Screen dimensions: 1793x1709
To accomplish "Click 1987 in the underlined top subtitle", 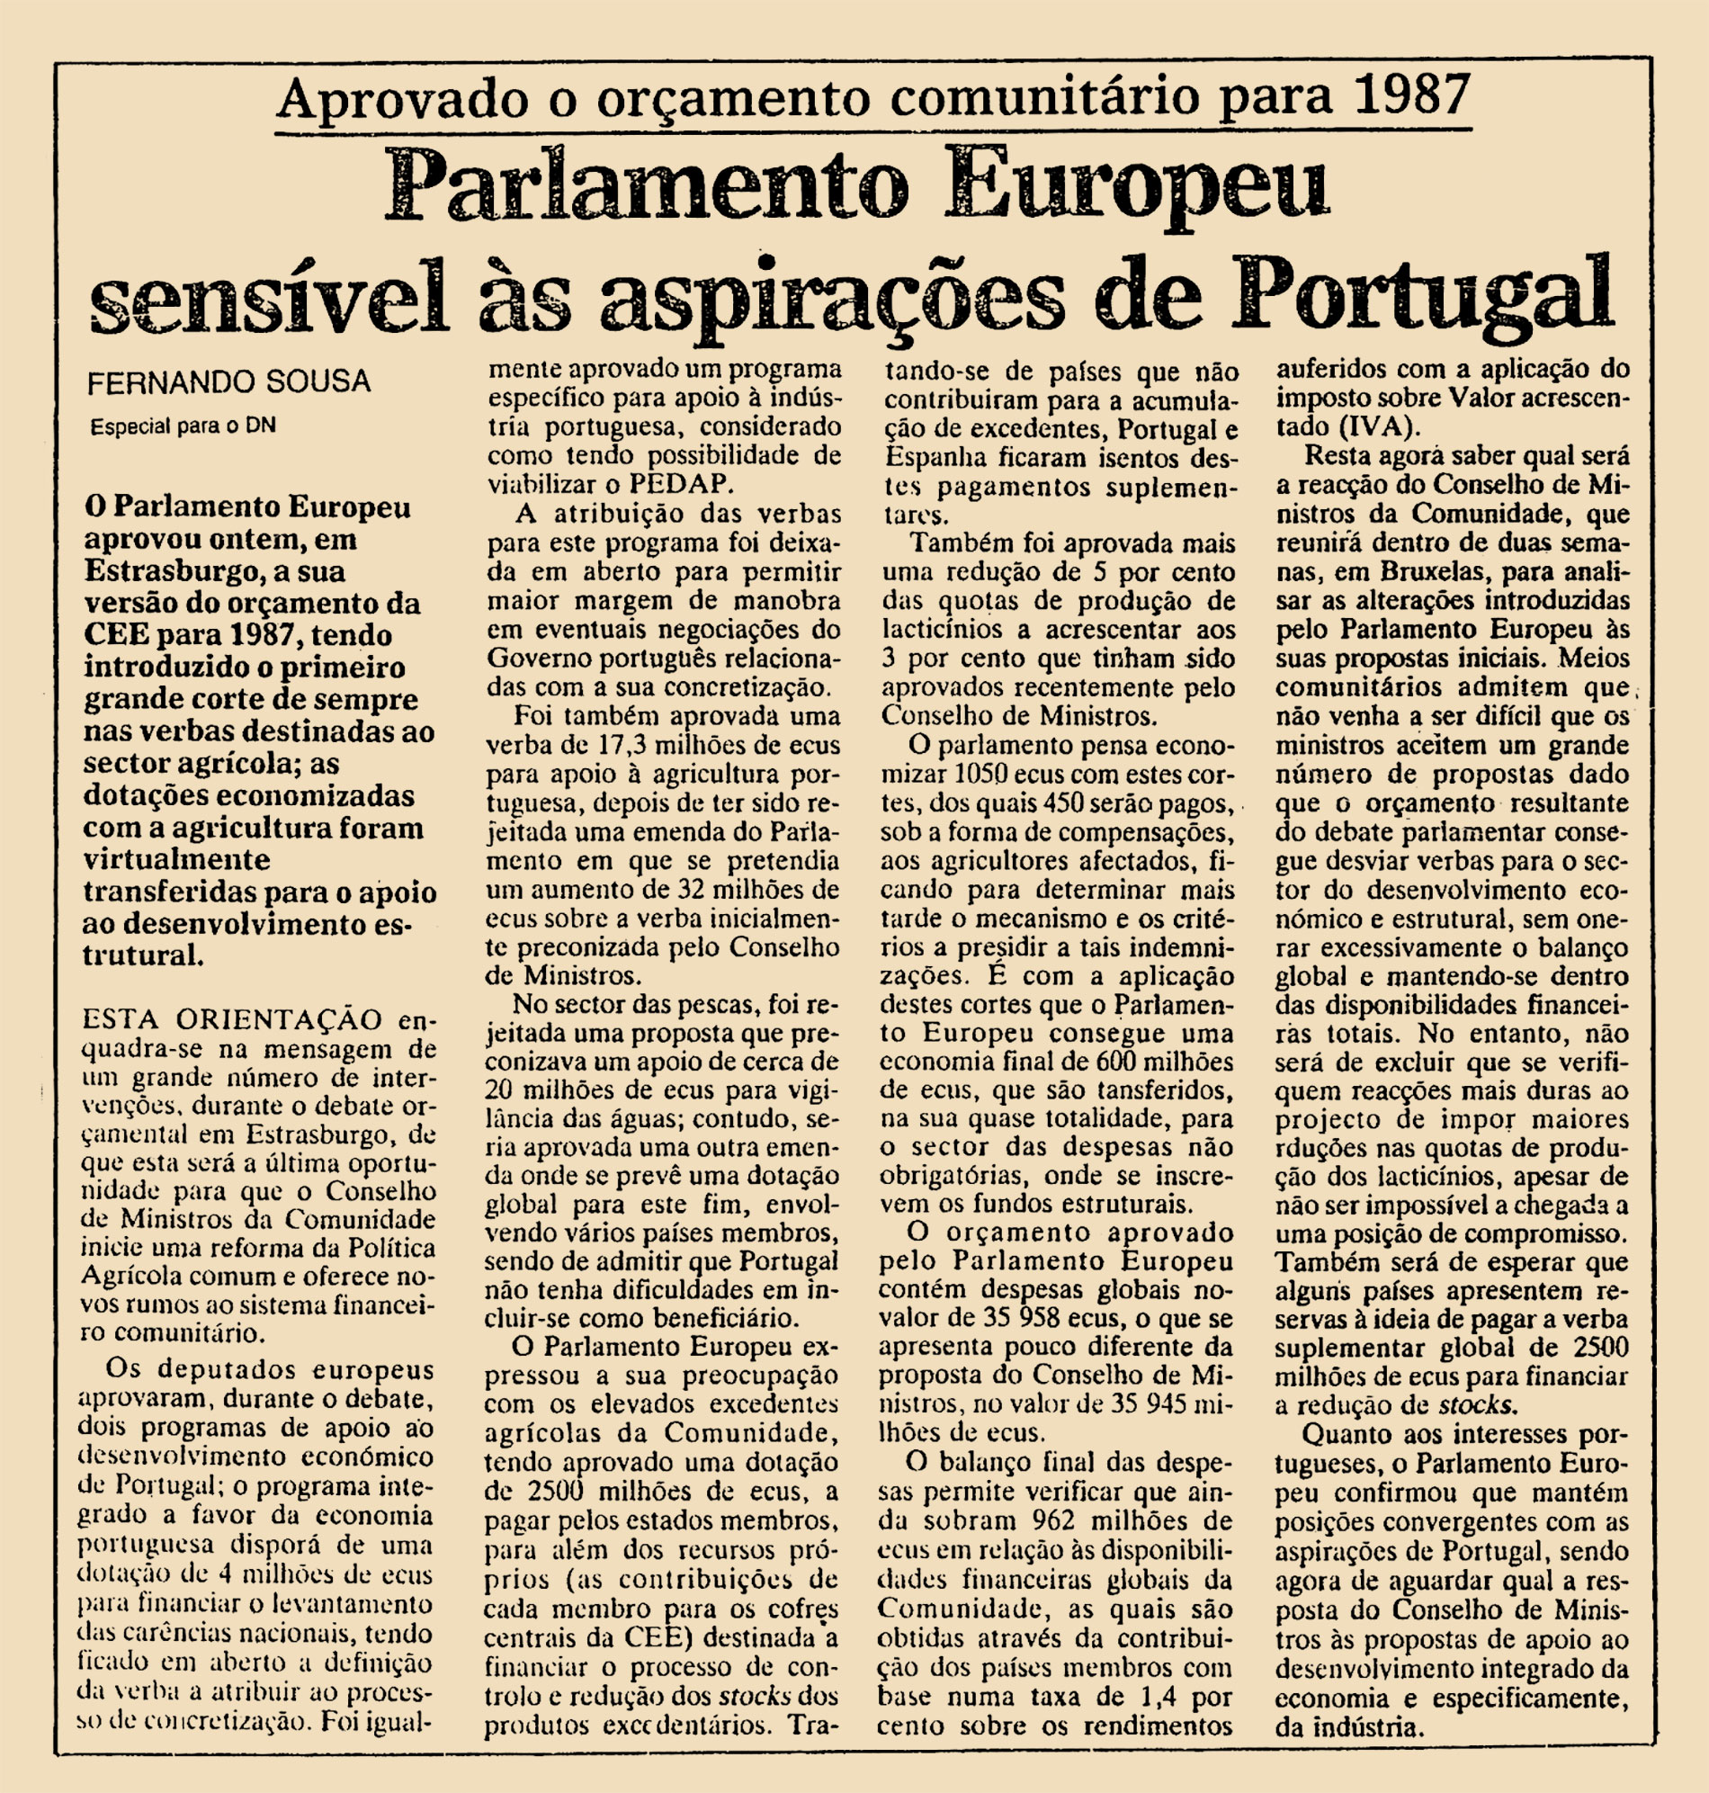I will pos(1410,96).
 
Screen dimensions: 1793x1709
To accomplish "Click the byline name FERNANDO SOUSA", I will pos(228,382).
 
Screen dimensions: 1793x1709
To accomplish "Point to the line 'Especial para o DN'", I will pos(183,426).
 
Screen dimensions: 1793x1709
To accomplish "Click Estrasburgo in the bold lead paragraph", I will pos(169,571).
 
